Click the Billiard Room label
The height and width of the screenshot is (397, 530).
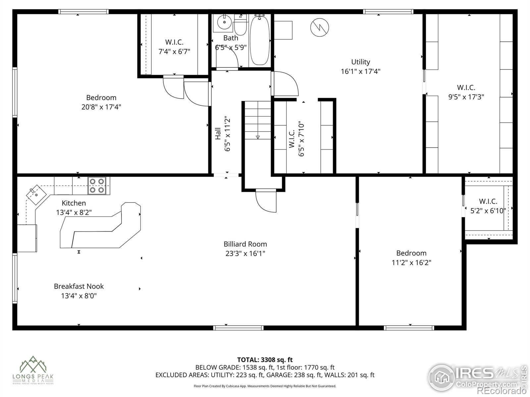pos(245,244)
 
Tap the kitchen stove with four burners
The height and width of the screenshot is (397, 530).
pos(97,186)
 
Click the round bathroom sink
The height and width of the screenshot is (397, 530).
pos(225,22)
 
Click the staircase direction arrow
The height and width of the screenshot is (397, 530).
pos(258,137)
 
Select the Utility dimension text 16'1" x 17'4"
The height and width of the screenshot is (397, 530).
pos(360,71)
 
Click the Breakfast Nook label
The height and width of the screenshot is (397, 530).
pos(79,286)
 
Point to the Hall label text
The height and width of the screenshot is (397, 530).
pos(218,133)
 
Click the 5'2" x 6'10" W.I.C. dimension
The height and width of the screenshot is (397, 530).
pos(488,211)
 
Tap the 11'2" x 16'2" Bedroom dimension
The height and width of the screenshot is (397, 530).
pos(411,263)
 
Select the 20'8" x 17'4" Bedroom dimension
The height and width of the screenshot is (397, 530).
pos(101,107)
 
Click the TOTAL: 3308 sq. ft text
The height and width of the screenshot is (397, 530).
pos(265,360)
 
